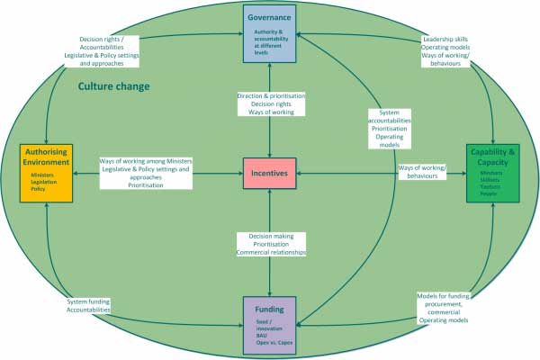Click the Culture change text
[x=113, y=86]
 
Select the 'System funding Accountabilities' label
[x=89, y=305]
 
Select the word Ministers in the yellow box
[x=42, y=175]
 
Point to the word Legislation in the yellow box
[x=44, y=184]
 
